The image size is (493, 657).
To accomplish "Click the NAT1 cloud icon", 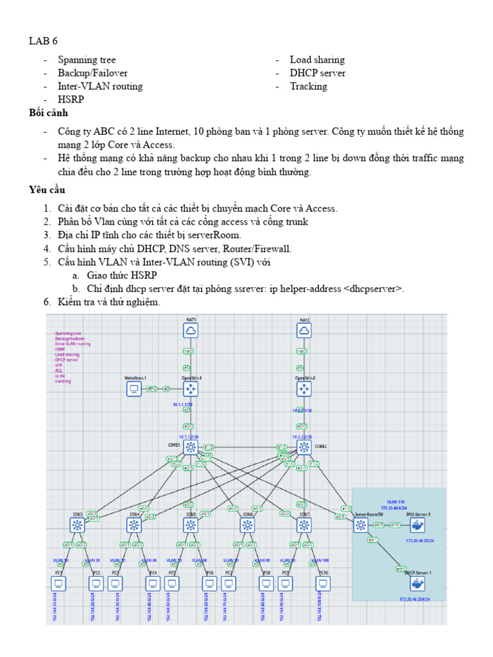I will (x=191, y=330).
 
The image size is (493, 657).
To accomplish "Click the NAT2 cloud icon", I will (x=304, y=330).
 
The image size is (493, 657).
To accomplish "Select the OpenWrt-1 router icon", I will (x=191, y=389).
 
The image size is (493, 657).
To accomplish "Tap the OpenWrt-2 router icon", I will (x=304, y=389).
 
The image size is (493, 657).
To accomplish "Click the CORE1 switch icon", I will (x=191, y=447).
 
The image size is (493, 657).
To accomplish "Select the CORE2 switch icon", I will (x=304, y=447).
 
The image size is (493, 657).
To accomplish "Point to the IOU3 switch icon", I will (x=77, y=525).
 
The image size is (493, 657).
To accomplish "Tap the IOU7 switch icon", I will (x=304, y=525).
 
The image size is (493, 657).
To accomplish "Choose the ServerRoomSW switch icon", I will (x=361, y=525).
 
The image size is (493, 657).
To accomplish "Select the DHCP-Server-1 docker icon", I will (x=418, y=583).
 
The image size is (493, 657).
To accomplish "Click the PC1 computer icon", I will (x=58, y=583).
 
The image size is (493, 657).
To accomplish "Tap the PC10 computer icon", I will (x=323, y=583).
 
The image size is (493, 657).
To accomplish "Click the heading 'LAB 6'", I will (x=43, y=41).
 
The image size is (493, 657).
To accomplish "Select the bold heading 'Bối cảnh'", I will (x=48, y=113).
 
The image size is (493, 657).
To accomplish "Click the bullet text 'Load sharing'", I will (x=317, y=60).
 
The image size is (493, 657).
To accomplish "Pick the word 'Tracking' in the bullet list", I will (x=308, y=86).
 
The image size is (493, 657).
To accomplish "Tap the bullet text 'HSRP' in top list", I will (x=71, y=99).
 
